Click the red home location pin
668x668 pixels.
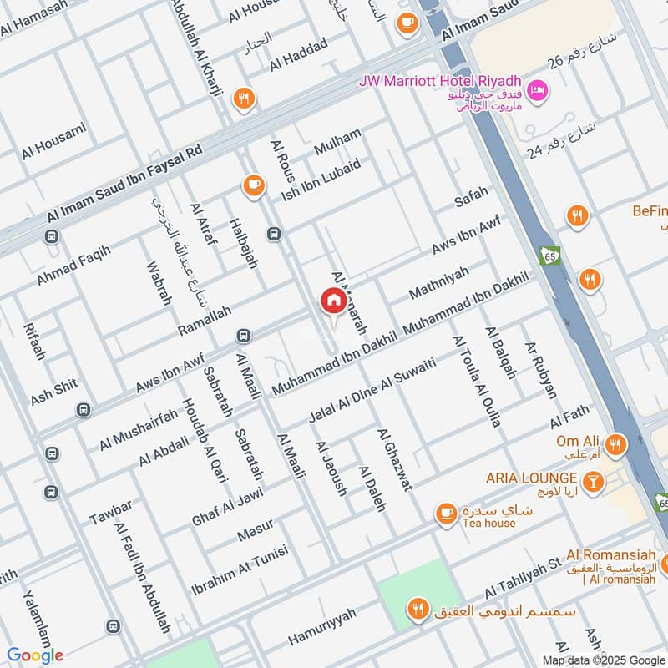coord(332,301)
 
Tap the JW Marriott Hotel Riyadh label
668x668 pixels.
coord(439,81)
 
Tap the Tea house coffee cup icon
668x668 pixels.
coord(446,512)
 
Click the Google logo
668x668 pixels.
coord(35,655)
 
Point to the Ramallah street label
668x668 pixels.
coord(202,321)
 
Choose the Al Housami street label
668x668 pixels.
coord(53,141)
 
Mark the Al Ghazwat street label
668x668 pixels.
coord(394,460)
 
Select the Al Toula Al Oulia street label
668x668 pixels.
coord(476,382)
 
